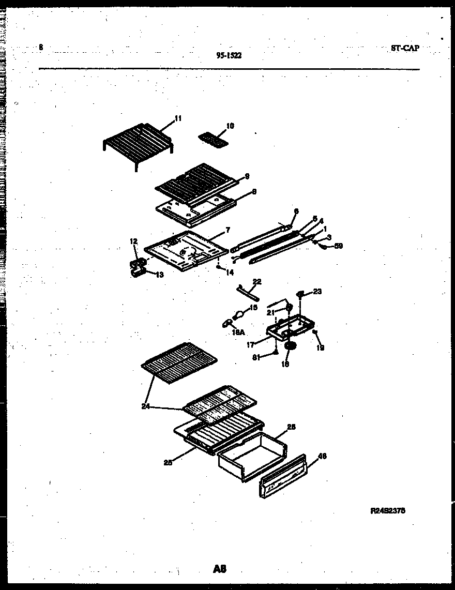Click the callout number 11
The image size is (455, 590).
(x=178, y=118)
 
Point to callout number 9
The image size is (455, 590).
(x=247, y=176)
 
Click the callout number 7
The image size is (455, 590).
(x=228, y=230)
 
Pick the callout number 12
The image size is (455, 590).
(x=133, y=241)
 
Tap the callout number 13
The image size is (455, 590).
(x=159, y=275)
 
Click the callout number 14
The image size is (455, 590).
(x=229, y=271)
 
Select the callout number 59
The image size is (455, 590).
(x=338, y=246)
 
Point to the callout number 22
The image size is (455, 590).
(x=257, y=281)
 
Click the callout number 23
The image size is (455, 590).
(x=317, y=292)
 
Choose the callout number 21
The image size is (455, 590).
(x=269, y=312)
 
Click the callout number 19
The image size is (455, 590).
(x=320, y=348)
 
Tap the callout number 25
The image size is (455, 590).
(x=168, y=462)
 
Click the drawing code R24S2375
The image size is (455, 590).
(x=388, y=510)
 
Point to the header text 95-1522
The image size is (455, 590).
(x=228, y=56)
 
